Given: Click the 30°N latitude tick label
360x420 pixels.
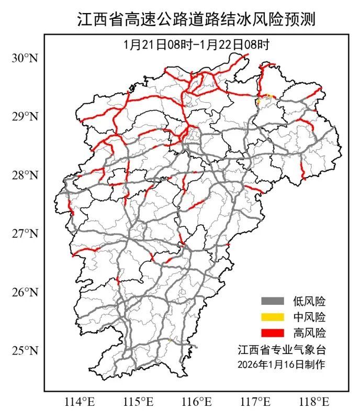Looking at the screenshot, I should (x=25, y=58).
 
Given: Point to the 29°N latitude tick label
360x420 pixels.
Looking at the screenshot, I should (x=25, y=116).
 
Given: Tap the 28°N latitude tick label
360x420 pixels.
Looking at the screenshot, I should (x=25, y=174).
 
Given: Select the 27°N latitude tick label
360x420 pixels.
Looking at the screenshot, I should (x=25, y=233).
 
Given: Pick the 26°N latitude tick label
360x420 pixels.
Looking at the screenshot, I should (x=25, y=291).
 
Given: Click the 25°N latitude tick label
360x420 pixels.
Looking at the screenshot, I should (x=25, y=350).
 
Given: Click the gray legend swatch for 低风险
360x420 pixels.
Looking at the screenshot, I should (x=273, y=301).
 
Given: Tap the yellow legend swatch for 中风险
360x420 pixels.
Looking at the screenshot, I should (x=273, y=317).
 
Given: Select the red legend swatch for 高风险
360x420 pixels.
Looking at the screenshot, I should (x=273, y=333).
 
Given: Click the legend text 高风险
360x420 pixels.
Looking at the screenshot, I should (x=309, y=333).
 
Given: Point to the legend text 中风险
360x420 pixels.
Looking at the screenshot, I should (x=309, y=317).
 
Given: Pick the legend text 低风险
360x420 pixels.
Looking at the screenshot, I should (x=309, y=301).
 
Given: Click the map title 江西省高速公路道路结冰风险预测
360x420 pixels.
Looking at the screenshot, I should (x=197, y=19).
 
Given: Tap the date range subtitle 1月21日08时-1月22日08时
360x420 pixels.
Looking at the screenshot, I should (x=196, y=44).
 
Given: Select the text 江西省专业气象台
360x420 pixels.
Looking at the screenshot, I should (x=282, y=349).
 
